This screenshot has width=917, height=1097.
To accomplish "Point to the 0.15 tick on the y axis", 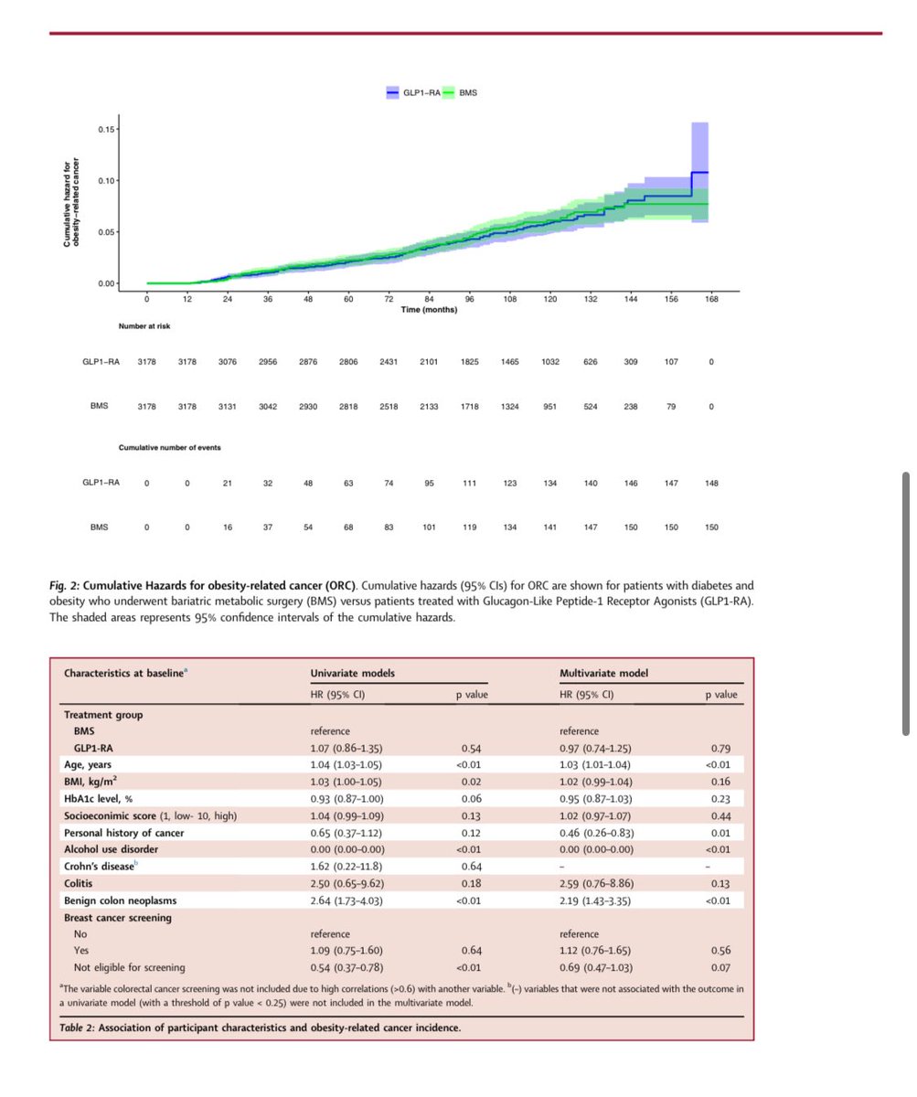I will click(107, 129).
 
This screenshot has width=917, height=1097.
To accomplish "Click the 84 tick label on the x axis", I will click(429, 300).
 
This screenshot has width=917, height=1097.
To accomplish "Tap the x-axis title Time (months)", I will click(429, 310).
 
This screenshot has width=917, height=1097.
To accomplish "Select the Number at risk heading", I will click(144, 325).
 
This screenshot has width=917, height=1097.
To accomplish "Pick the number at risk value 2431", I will click(389, 362).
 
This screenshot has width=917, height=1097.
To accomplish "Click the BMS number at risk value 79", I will click(671, 406).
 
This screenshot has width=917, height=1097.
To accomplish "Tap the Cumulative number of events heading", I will click(169, 447).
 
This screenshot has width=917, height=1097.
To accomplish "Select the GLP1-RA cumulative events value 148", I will click(711, 483).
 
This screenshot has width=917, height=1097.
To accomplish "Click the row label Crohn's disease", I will click(99, 867).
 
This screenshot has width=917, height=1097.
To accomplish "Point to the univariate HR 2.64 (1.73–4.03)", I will click(348, 900).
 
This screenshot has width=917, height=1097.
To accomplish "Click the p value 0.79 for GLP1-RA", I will click(720, 748).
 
